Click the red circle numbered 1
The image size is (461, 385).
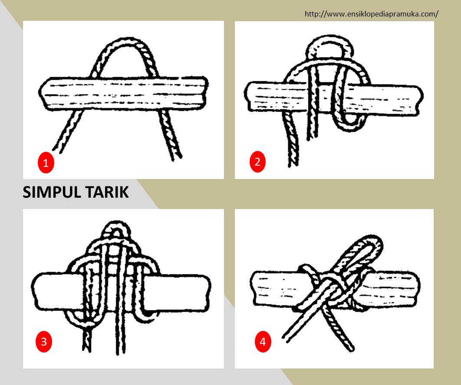click(46, 163)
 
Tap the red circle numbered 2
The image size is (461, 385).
click(257, 162)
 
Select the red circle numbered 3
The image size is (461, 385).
click(43, 341)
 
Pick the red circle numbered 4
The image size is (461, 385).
click(262, 342)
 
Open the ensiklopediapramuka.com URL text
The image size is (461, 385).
click(371, 14)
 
